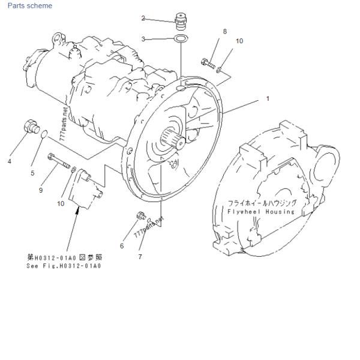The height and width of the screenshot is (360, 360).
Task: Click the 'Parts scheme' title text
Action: [x=30, y=5]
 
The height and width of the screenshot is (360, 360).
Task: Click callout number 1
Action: [x=268, y=98]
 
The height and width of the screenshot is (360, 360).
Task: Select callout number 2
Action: [x=143, y=18]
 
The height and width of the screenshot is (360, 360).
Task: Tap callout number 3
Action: [x=143, y=39]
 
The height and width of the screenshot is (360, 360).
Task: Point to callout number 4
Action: [x=10, y=161]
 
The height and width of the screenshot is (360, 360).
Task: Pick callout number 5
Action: [x=32, y=173]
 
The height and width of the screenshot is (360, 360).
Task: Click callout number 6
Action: [x=122, y=246]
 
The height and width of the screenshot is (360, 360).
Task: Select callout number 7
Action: [x=140, y=257]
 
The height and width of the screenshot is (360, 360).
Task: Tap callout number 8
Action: [x=225, y=31]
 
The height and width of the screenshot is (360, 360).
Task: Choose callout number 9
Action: [x=41, y=190]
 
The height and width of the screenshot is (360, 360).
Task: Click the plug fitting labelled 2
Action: [x=181, y=22]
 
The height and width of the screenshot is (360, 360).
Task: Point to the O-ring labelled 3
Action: [x=181, y=38]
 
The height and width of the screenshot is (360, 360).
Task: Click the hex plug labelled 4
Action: [x=32, y=127]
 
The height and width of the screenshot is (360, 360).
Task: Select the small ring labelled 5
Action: [x=44, y=134]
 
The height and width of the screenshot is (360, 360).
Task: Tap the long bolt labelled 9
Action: [x=59, y=161]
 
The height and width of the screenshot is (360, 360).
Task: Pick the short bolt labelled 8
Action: [x=208, y=64]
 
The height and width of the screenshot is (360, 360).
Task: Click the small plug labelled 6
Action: [x=141, y=215]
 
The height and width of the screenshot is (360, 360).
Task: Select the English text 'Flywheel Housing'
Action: [x=261, y=211]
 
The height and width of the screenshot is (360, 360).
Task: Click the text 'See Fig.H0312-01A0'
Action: [x=64, y=266]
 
